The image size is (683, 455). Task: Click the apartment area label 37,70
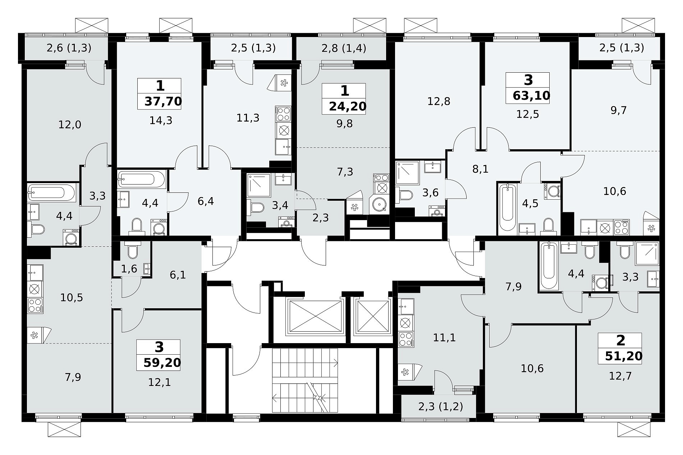click(x=163, y=101)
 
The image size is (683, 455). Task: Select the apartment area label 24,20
click(x=348, y=106)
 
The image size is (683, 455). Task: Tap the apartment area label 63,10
click(x=531, y=96)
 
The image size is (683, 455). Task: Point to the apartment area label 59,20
click(x=162, y=363)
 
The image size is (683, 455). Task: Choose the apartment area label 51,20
click(x=624, y=356)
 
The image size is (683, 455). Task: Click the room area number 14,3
click(x=161, y=120)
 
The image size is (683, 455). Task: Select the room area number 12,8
click(x=439, y=101)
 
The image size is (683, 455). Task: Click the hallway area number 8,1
click(x=480, y=169)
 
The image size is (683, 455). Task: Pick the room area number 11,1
click(x=444, y=338)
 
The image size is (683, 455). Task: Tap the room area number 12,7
click(x=620, y=376)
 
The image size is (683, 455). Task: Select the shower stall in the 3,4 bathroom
click(x=259, y=185)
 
